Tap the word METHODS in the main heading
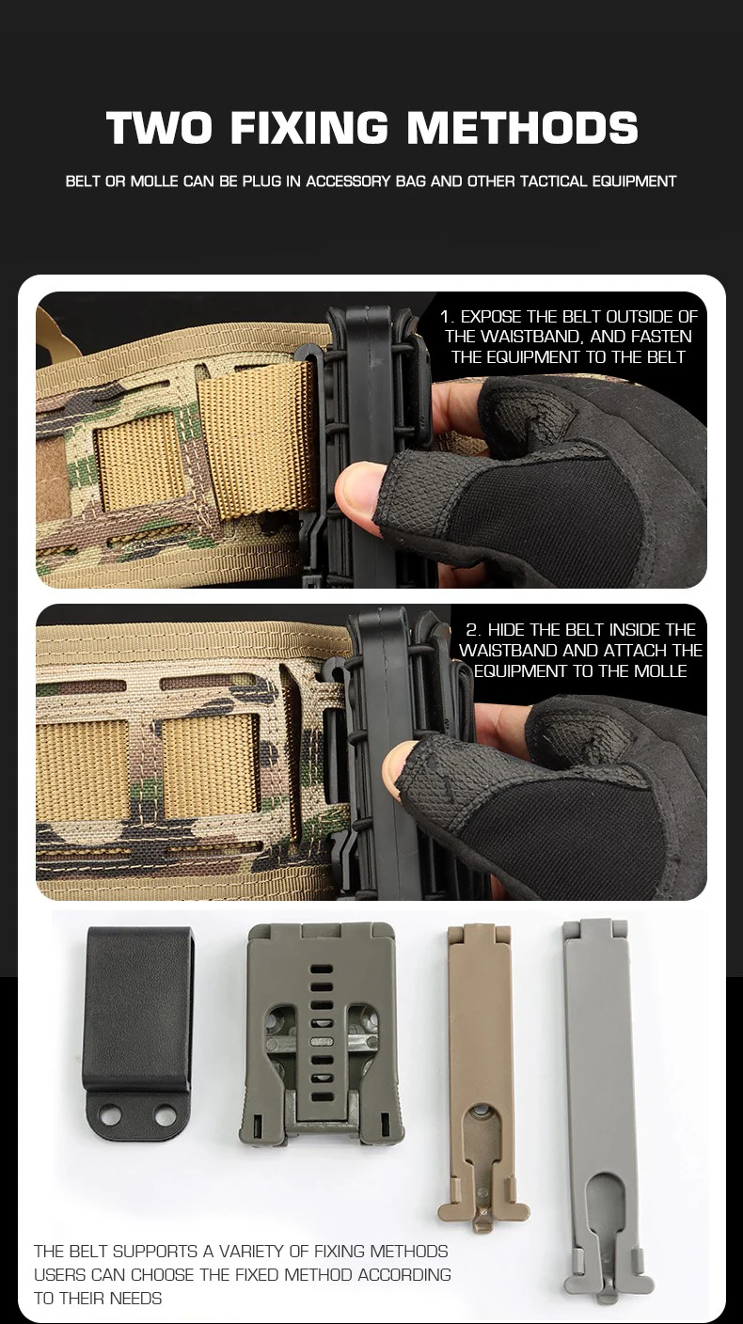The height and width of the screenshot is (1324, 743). tap(523, 127)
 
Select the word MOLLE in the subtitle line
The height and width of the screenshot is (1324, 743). tap(154, 181)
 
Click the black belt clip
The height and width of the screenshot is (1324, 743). tap(137, 1033)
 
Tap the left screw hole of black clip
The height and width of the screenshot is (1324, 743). tap(110, 1115)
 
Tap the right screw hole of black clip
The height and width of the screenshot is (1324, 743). tap(166, 1116)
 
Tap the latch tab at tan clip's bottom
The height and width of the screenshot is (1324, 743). tap(483, 1220)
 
